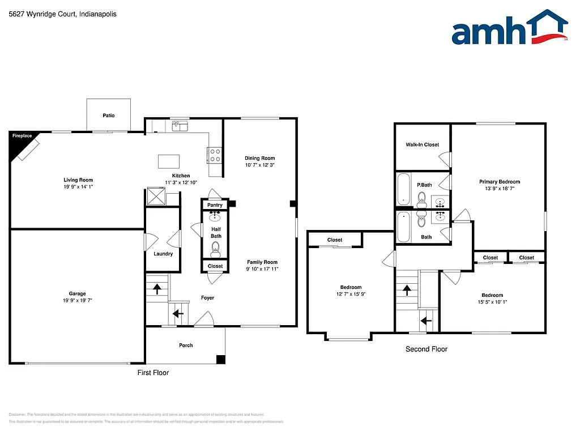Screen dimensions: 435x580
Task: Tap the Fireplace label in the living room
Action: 23,136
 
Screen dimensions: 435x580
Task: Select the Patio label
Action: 109,116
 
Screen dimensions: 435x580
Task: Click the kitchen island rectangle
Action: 168,160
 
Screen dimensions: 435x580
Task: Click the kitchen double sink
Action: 180,126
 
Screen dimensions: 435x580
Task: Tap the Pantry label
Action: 215,205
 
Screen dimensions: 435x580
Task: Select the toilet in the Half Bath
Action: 215,248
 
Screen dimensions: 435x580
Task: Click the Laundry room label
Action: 163,254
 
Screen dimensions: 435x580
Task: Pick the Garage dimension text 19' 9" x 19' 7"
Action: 78,301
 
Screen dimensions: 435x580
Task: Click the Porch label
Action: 186,345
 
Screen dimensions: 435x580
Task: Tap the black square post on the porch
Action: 221,359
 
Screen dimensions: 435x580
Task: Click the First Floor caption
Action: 153,373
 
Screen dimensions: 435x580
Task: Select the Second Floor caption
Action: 426,349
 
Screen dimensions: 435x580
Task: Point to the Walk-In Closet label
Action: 422,145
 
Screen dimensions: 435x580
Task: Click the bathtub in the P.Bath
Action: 403,189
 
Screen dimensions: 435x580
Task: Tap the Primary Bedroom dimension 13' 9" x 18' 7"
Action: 500,189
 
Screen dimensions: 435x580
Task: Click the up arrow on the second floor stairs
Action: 407,290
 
